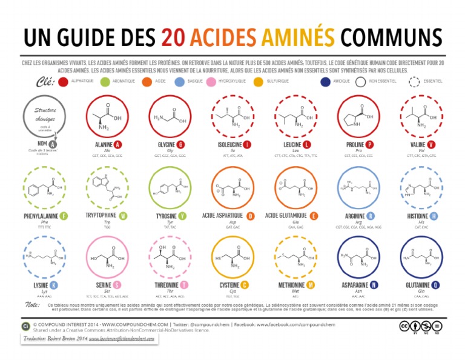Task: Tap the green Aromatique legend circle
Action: [x=105, y=81]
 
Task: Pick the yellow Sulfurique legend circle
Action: [x=258, y=81]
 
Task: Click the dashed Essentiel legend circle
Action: [x=414, y=81]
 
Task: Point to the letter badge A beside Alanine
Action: [x=117, y=145]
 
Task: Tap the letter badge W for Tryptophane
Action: [x=123, y=216]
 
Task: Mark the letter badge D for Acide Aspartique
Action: [x=251, y=216]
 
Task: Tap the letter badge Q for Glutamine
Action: [x=436, y=285]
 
